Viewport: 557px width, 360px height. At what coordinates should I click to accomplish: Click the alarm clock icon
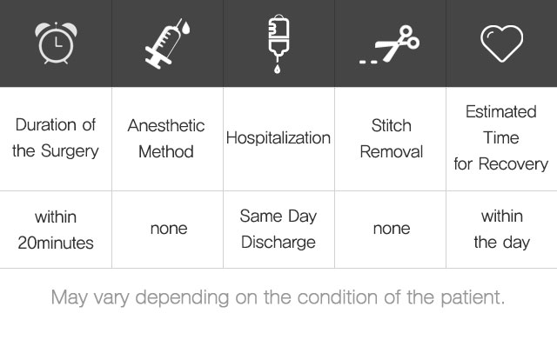pyautogui.click(x=56, y=43)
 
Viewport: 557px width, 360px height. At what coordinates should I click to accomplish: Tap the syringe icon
pyautogui.click(x=167, y=43)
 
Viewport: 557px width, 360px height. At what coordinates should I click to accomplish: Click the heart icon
pyautogui.click(x=501, y=43)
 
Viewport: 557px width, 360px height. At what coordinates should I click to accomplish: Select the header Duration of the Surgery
pyautogui.click(x=56, y=137)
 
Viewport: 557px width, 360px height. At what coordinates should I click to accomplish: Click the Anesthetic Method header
pyautogui.click(x=166, y=138)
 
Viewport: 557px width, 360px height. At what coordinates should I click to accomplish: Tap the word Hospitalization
pyautogui.click(x=278, y=137)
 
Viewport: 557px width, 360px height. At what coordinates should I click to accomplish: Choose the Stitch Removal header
pyautogui.click(x=392, y=138)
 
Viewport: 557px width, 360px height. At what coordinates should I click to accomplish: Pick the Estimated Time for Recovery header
pyautogui.click(x=501, y=137)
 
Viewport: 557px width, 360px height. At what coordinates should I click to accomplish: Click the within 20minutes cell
pyautogui.click(x=56, y=230)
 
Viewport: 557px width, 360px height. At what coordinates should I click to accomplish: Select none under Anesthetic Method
pyautogui.click(x=169, y=229)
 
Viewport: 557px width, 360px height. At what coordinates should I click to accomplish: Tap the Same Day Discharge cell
pyautogui.click(x=278, y=229)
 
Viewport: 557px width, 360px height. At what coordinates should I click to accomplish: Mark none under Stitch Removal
pyautogui.click(x=392, y=229)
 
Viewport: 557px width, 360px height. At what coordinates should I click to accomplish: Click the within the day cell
pyautogui.click(x=502, y=229)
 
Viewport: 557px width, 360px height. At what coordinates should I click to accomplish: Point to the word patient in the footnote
pyautogui.click(x=473, y=297)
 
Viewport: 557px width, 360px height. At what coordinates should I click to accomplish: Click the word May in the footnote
pyautogui.click(x=70, y=297)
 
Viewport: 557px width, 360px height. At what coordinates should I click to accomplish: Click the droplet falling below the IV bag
pyautogui.click(x=277, y=68)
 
